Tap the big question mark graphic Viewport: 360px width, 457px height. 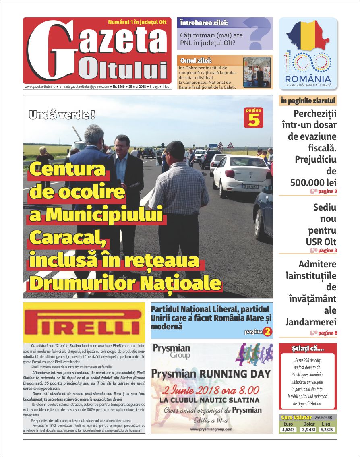click(x=259, y=34)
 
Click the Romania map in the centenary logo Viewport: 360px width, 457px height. click(x=308, y=36)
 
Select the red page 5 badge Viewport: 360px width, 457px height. click(x=254, y=118)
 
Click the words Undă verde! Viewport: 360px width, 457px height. click(x=62, y=115)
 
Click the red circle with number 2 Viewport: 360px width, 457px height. click(x=268, y=332)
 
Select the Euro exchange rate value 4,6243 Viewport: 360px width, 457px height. click(x=288, y=430)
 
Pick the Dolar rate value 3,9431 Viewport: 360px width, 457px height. click(x=308, y=430)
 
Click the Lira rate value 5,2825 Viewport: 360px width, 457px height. click(x=327, y=430)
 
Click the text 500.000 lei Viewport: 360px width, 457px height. click(x=313, y=182)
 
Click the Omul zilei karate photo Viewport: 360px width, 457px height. click(x=257, y=72)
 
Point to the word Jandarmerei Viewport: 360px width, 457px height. click(x=311, y=322)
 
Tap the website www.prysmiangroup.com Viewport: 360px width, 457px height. click(x=211, y=429)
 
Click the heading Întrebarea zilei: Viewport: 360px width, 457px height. click(x=204, y=23)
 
